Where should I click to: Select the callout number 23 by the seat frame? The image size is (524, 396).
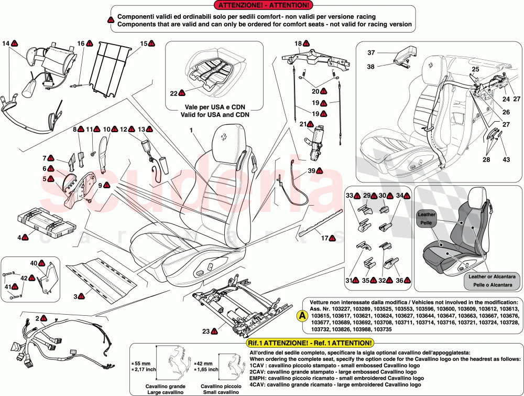click(x=206, y=331)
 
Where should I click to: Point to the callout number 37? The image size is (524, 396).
click(x=371, y=52)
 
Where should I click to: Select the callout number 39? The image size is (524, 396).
click(x=311, y=171)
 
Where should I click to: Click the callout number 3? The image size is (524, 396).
click(x=75, y=296)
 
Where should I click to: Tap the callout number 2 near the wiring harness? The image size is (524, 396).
click(x=37, y=318)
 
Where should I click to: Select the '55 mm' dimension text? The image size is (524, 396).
click(x=141, y=363)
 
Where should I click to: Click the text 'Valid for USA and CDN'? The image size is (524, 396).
click(x=214, y=114)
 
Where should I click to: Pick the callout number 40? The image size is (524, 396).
click(x=34, y=263)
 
